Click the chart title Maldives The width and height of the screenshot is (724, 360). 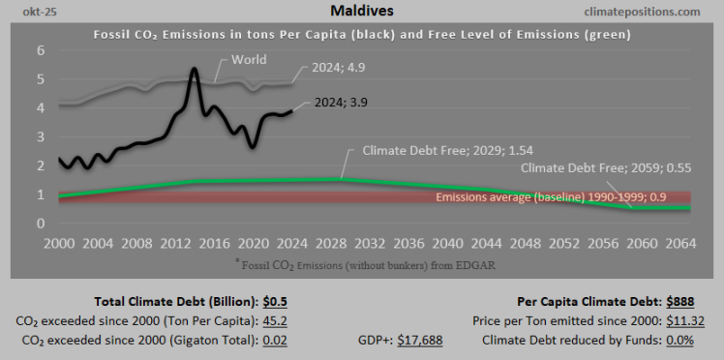[361, 12]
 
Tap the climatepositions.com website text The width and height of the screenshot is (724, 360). [644, 12]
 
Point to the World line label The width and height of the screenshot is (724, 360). [250, 60]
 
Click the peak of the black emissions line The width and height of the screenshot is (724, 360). [195, 70]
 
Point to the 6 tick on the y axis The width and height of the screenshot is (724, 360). [41, 50]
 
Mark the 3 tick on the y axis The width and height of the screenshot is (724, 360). [41, 136]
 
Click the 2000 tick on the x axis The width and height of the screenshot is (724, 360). [59, 244]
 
